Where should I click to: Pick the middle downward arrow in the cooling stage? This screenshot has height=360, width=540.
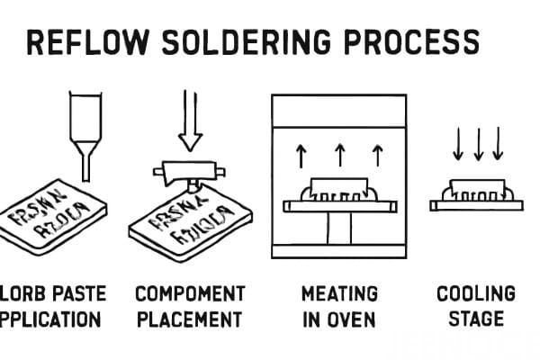click(x=478, y=145)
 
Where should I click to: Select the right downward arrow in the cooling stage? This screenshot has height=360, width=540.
click(x=498, y=145)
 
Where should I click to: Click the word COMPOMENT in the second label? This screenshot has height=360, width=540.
click(x=190, y=294)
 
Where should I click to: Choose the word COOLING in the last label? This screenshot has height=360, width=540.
click(x=476, y=294)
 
